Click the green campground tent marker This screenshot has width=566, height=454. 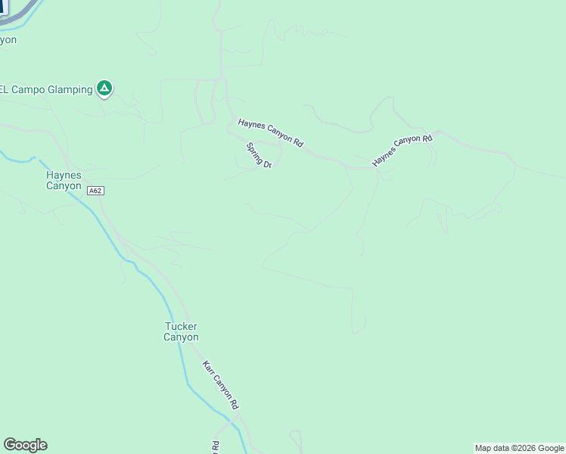(104, 89)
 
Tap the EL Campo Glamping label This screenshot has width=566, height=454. (45, 89)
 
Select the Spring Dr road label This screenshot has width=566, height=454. (259, 155)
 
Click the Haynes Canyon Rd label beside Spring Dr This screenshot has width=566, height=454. (270, 132)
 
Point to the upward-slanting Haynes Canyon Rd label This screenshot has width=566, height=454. (402, 151)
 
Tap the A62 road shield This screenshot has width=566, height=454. (95, 191)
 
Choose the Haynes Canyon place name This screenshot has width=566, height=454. (64, 180)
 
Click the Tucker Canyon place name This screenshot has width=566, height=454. (182, 332)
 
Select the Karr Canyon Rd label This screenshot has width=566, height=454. (220, 384)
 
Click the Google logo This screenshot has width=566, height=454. (25, 445)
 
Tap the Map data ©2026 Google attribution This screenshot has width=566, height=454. (519, 448)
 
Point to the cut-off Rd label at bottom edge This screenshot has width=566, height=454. (216, 446)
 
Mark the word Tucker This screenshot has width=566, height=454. (182, 327)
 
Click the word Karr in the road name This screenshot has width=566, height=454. (208, 368)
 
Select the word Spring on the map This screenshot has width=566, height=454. (254, 151)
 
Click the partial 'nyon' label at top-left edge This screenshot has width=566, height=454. (8, 39)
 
